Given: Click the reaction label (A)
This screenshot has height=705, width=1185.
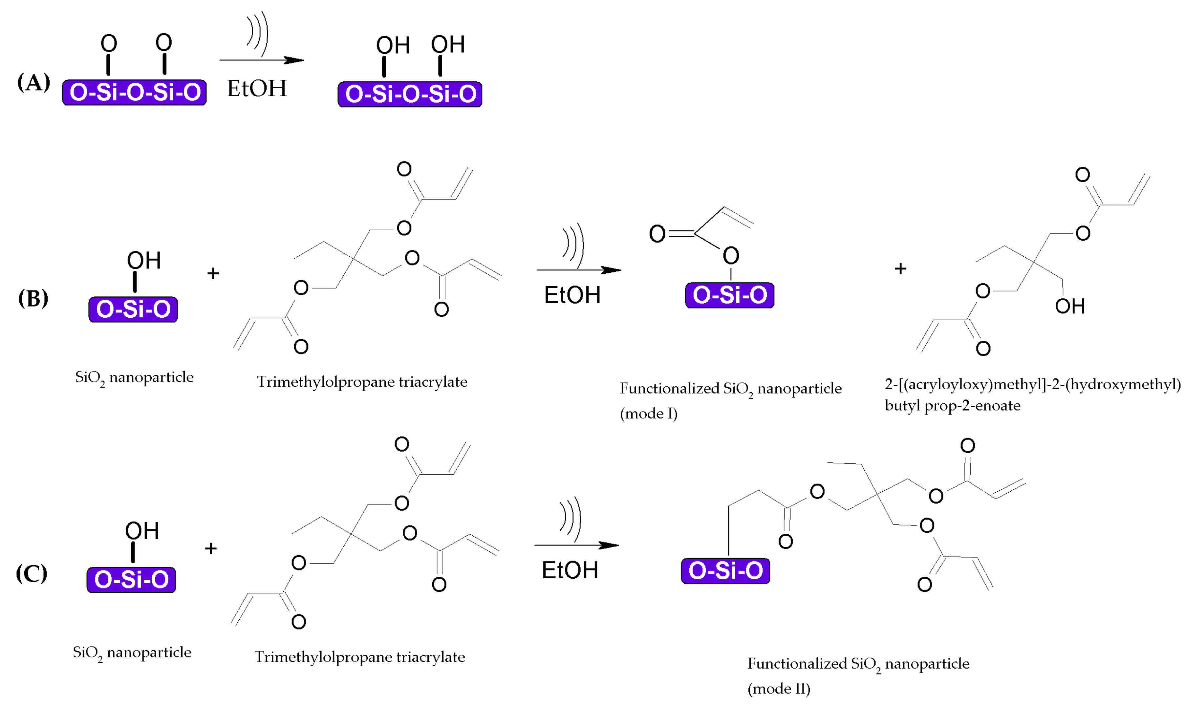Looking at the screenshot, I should pyautogui.click(x=33, y=83).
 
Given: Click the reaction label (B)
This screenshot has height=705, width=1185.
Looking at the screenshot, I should pyautogui.click(x=33, y=298).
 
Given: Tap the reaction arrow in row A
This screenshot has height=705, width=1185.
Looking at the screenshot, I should pyautogui.click(x=261, y=60).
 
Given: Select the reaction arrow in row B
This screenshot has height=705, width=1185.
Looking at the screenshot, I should pyautogui.click(x=578, y=270).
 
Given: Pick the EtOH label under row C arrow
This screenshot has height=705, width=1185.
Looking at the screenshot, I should pyautogui.click(x=570, y=570).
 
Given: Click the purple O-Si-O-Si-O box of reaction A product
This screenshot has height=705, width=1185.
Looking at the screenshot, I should pyautogui.click(x=410, y=94).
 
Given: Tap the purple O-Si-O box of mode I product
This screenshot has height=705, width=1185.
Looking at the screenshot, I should pyautogui.click(x=729, y=295).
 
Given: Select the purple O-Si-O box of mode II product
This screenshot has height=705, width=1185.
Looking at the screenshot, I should pyautogui.click(x=725, y=570).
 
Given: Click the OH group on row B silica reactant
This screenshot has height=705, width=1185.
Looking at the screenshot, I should pyautogui.click(x=143, y=260).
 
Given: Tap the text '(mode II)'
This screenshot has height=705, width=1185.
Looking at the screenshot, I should pyautogui.click(x=779, y=688).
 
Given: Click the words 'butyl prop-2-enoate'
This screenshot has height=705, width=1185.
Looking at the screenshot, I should pyautogui.click(x=952, y=406).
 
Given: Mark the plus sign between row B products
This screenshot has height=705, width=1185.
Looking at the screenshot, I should pyautogui.click(x=900, y=269).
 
